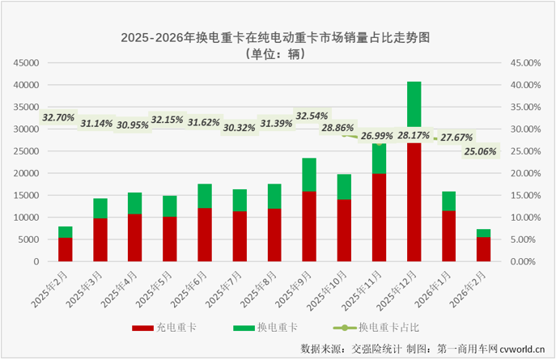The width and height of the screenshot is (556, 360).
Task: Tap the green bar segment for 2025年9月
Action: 308,174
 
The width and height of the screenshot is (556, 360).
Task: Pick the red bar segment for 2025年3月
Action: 100,239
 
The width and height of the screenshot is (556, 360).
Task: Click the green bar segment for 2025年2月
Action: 65,231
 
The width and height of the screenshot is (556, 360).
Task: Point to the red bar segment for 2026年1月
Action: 448,235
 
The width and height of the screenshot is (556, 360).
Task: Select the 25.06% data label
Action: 481,151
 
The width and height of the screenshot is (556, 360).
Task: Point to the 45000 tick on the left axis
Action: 27,62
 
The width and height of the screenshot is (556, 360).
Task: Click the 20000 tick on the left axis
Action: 27,173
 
